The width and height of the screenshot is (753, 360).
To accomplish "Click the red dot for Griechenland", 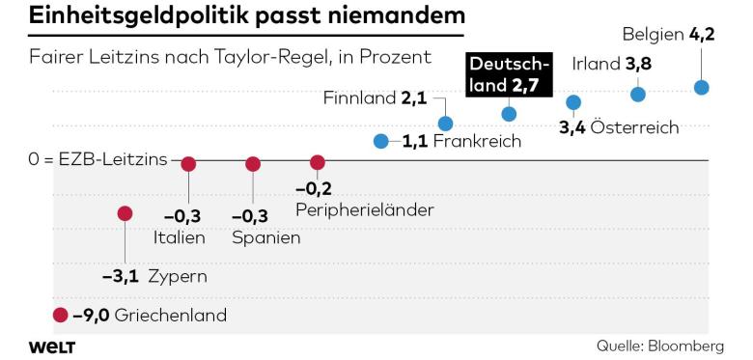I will click(61, 315).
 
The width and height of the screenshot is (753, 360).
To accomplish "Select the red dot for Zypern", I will click(125, 213).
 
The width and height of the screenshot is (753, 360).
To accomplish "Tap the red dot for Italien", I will click(188, 164).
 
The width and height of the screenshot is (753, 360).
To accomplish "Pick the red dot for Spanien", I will click(253, 164).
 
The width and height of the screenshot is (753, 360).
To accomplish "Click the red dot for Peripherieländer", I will click(318, 163).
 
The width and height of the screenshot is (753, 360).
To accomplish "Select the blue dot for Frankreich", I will click(381, 141).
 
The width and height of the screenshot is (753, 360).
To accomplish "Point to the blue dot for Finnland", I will click(445, 124).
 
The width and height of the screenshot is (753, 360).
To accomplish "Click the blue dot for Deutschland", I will click(510, 114).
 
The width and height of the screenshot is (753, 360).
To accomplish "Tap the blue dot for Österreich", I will click(573, 102).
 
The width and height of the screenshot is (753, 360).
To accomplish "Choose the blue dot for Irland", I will click(638, 94).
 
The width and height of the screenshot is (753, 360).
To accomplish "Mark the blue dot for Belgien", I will click(702, 87).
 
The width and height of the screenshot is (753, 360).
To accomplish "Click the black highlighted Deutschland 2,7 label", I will click(510, 75).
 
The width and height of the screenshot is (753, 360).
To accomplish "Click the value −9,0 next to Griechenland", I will click(92, 315).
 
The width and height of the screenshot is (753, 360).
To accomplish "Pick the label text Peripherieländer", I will click(364, 209).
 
